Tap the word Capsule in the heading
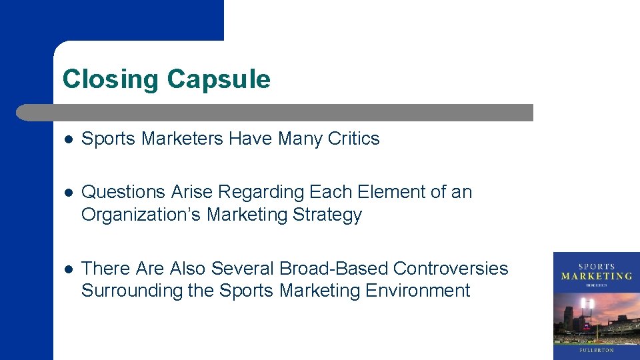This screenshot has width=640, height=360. click(219, 79)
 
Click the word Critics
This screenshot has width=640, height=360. click(353, 139)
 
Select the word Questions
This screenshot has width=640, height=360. click(123, 192)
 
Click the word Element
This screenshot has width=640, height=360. click(386, 192)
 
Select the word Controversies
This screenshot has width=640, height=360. click(451, 268)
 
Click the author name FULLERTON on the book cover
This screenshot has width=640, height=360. click(596, 349)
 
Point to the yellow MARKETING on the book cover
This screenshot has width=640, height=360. click(596, 276)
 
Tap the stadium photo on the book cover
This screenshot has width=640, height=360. click(596, 316)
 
